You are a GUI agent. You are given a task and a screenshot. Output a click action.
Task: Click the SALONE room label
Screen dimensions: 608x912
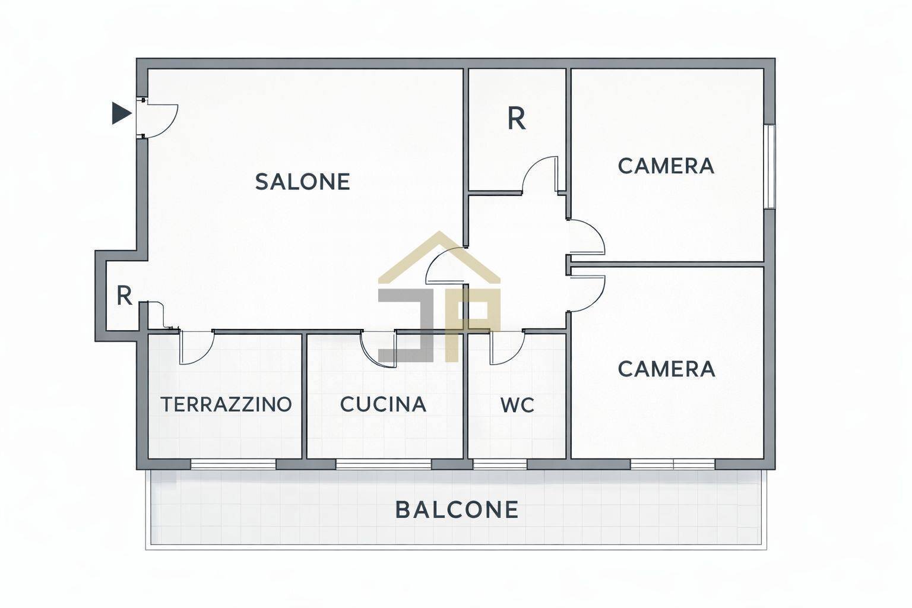302,182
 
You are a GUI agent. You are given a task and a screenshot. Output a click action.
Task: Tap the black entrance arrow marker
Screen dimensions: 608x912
121,113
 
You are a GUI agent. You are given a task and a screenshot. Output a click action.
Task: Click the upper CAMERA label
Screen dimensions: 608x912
666,166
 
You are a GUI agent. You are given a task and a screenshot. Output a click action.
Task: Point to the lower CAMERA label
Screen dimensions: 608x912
666,369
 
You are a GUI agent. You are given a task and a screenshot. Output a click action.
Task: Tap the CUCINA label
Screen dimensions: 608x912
383,404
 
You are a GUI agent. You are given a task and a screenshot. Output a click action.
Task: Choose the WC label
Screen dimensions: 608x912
517,406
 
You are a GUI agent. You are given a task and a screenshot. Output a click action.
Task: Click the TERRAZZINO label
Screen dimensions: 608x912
226,404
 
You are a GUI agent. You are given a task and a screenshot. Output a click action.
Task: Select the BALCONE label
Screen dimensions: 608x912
457,509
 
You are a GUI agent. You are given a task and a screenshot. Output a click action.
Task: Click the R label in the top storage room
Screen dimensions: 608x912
516,119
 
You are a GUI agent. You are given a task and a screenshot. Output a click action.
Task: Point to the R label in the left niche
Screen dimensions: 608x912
123,296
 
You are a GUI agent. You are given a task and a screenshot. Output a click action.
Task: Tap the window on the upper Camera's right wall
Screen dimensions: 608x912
769,166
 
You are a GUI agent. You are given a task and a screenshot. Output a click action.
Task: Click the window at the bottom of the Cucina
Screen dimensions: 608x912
384,464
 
